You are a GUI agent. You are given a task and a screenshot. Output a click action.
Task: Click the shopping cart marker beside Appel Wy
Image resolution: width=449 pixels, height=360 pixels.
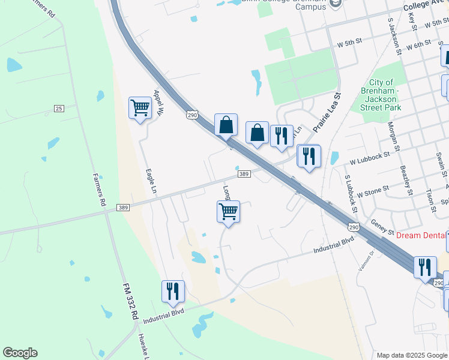tap(140, 109)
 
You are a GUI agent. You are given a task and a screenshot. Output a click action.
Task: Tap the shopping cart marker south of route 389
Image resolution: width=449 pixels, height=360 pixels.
tap(228, 212)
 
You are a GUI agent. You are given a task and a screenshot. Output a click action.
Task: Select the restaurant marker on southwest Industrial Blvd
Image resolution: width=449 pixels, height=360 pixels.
tap(173, 292)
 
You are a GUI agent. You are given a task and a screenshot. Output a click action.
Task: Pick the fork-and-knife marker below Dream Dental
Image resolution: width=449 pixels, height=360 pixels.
tap(425, 268)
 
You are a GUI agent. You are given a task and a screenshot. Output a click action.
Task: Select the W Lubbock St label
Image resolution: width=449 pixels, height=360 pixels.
tap(369, 158)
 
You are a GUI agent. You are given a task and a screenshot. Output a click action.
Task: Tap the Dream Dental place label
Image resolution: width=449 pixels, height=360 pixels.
tap(420, 236)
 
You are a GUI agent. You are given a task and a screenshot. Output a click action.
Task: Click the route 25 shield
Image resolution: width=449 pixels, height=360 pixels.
tap(58, 108)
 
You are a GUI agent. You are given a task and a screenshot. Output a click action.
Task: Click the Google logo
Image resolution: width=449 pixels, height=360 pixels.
tap(20, 352)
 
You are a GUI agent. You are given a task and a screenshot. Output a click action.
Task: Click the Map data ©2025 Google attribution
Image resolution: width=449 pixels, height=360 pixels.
tap(412, 355)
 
